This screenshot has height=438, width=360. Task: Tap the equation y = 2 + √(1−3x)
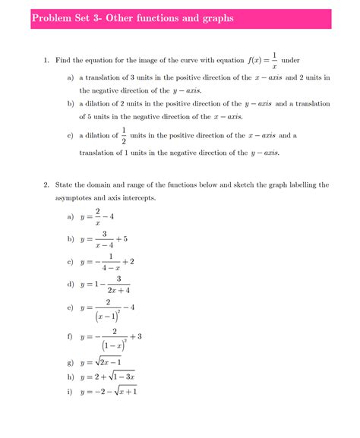(106, 377)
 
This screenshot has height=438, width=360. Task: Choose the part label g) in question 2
(70, 363)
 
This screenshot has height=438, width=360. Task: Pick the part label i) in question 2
(70, 392)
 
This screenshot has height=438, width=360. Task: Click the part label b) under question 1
(70, 103)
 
